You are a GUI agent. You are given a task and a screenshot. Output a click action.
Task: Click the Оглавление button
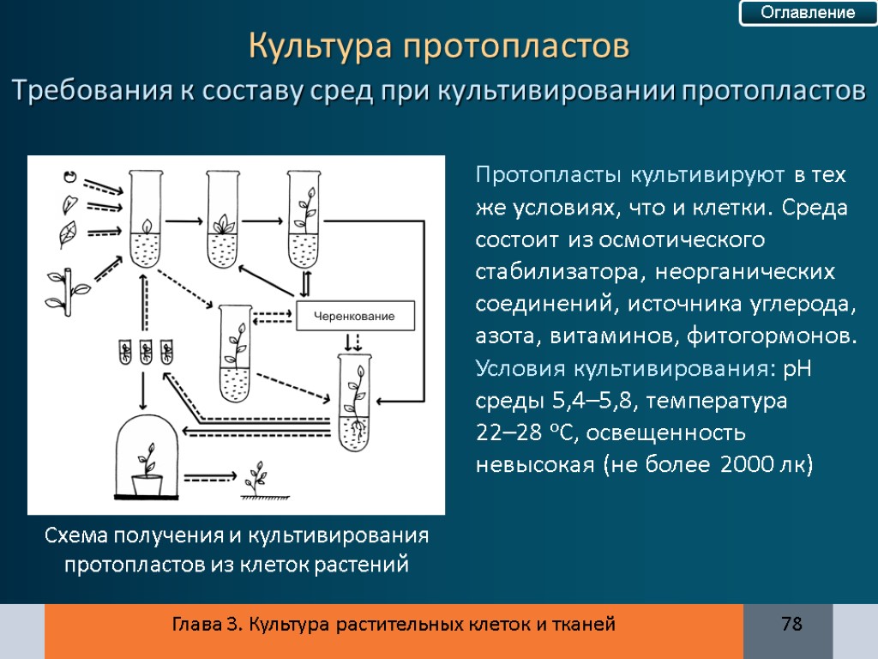click(797, 13)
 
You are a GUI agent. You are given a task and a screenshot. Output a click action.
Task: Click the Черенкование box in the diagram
click(354, 317)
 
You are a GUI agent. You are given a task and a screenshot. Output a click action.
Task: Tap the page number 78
click(791, 624)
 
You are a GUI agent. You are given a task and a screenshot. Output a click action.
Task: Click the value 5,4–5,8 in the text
click(598, 401)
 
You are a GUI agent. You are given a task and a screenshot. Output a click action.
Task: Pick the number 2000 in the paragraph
click(744, 464)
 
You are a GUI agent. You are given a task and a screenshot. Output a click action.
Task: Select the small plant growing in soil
click(255, 481)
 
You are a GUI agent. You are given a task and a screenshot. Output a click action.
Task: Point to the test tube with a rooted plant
click(354, 402)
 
